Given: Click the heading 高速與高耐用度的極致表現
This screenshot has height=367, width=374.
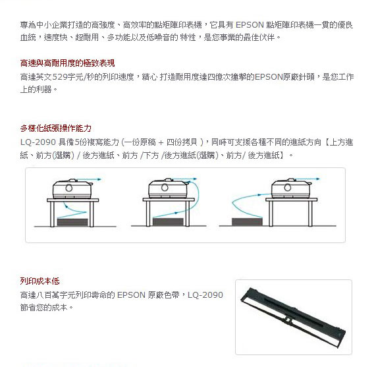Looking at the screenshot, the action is coord(68,63).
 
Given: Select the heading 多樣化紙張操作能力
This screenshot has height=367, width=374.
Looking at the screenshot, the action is coord(56,128).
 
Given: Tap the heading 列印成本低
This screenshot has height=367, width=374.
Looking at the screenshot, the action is coord(40,281).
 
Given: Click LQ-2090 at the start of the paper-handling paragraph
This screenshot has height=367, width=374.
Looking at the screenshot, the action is coord(38,142).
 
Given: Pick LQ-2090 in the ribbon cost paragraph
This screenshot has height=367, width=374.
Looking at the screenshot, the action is coord(205,295).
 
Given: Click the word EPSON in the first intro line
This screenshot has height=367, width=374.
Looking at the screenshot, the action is coord(250,25).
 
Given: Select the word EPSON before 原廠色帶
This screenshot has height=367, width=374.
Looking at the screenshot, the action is coord(131,295).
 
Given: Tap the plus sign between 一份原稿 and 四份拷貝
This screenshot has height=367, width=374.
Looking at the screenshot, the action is coord(161,142).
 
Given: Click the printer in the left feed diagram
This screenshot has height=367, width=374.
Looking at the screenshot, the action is coord(72,188).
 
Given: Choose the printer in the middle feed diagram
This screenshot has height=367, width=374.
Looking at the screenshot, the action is coord(168,188).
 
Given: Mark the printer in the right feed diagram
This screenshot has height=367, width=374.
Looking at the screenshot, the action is coord(291,188).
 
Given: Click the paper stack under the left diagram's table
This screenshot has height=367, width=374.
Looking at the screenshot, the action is coord(72,222).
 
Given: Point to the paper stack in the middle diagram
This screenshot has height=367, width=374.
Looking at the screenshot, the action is coord(168,221).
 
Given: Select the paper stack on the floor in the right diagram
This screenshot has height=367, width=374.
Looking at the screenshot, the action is coord(247,221).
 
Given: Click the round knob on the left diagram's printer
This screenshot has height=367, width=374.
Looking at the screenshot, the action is coord(69,188).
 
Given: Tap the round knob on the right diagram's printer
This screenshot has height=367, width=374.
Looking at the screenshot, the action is coord(288,188).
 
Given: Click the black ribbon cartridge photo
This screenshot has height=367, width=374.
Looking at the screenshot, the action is coord(294,318).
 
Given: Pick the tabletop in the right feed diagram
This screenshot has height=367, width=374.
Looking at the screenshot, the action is coord(292,200).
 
